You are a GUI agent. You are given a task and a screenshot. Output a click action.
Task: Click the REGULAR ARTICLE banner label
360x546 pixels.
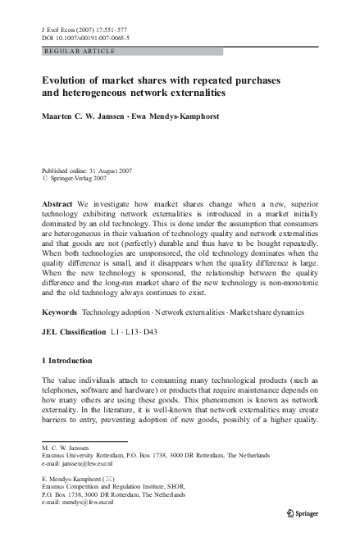78,51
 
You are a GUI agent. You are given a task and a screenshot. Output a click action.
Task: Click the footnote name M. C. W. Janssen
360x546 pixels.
69,448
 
